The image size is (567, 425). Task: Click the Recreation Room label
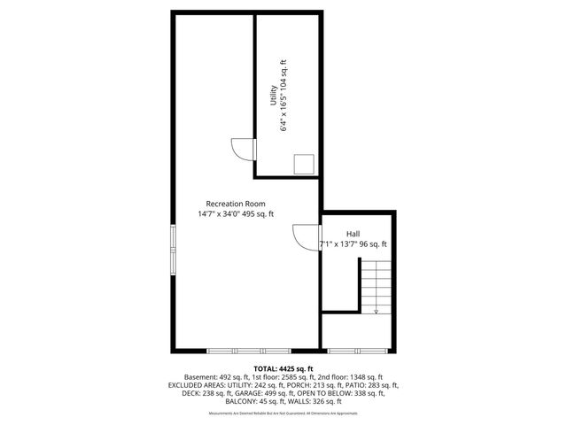(x=236, y=203)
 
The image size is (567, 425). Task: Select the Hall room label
(x=353, y=234)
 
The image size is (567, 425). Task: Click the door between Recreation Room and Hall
(x=306, y=238)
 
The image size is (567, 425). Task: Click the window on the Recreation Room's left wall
(x=174, y=251)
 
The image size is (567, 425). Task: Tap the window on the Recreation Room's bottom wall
(x=244, y=347)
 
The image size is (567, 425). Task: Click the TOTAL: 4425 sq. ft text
(x=283, y=368)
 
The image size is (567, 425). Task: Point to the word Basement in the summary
(x=201, y=377)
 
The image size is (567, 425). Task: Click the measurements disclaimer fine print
(x=283, y=412)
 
